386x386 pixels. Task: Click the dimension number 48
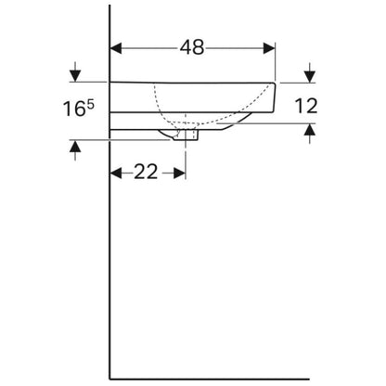point(192,47)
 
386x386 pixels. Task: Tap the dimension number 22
point(146,172)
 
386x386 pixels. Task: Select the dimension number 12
point(305,106)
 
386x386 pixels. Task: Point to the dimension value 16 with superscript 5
point(79,109)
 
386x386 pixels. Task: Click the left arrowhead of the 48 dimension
point(116,48)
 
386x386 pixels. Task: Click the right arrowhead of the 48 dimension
point(269,48)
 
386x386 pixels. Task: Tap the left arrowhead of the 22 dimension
point(116,173)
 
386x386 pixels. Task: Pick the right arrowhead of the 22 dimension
point(179,173)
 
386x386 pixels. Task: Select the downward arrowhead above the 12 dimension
point(310,77)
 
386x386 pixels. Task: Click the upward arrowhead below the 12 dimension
point(310,130)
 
